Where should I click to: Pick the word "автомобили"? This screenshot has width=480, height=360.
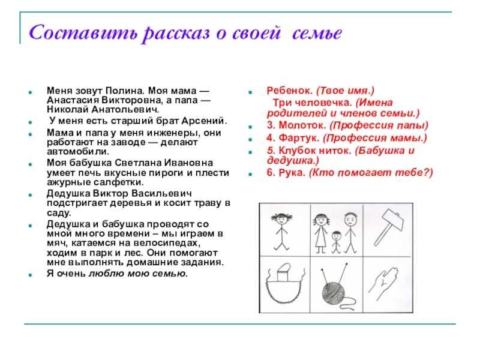[x=78, y=151]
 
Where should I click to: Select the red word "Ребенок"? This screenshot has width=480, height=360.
[x=289, y=91]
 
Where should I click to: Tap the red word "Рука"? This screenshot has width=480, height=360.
[x=292, y=173]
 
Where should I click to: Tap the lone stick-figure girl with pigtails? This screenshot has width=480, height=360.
[x=281, y=232]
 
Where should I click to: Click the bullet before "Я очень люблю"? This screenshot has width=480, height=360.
[x=31, y=275]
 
